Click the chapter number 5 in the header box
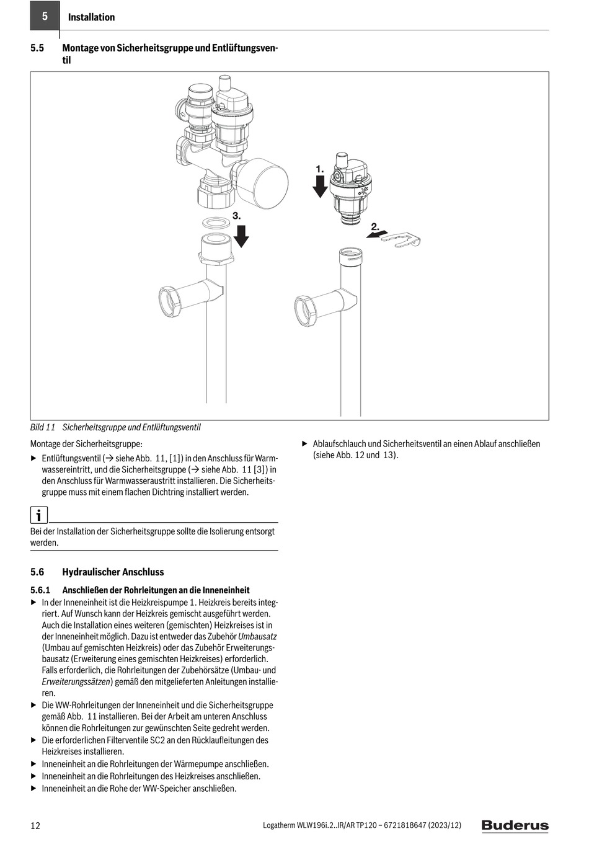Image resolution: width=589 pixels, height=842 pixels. point(45,17)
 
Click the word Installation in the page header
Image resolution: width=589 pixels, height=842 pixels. point(91,17)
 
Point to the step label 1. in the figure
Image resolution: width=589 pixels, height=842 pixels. point(319,169)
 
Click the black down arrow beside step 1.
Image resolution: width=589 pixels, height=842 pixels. point(320,185)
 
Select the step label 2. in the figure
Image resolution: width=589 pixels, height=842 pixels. point(375,227)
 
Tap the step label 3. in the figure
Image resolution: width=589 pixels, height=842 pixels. point(236,215)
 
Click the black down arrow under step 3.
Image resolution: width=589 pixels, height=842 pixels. point(241,236)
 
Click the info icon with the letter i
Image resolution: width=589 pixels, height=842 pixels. point(38,515)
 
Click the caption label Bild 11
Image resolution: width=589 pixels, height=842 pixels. point(43,427)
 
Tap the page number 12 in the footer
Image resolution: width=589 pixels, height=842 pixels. point(35,825)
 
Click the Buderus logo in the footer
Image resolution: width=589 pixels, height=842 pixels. point(515,825)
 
